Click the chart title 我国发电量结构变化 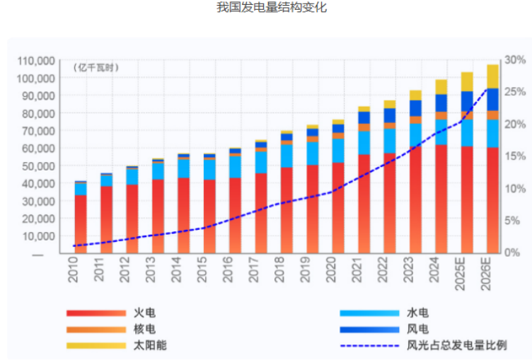[272, 7]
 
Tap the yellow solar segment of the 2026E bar [492, 76]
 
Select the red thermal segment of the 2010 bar [81, 224]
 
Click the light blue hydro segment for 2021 [364, 143]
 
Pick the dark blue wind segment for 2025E [467, 101]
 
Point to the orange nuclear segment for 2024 [441, 116]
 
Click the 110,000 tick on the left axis [36, 61]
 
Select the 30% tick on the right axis [515, 60]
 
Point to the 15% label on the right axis [515, 156]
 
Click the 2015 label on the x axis [202, 269]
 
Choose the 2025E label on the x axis [460, 274]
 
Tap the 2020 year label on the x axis [331, 269]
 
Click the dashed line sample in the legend [369, 346]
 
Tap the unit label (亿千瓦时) [96, 67]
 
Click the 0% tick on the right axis [512, 252]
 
